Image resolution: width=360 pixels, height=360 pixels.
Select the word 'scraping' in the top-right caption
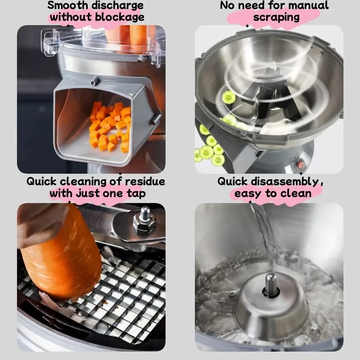tap(276, 18)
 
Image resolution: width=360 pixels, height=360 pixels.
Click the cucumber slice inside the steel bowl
tap(229, 97)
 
